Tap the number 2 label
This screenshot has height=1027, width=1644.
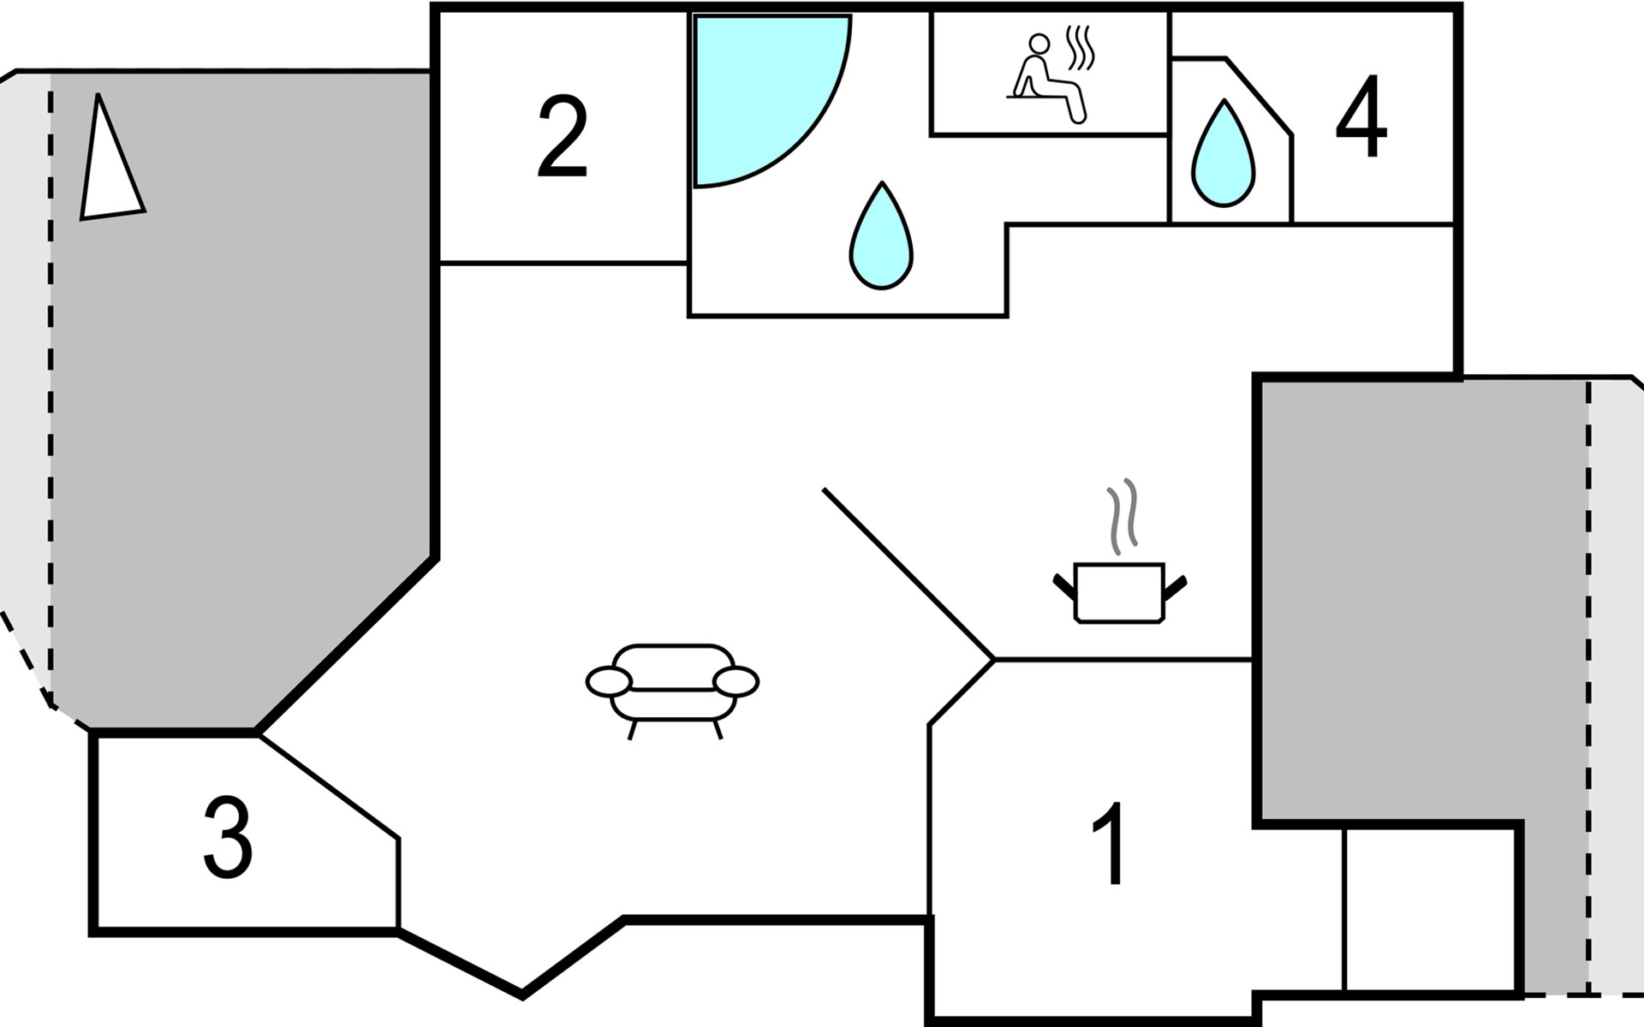click(x=563, y=137)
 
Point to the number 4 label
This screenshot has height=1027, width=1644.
click(x=1361, y=116)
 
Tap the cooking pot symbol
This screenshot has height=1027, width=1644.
click(x=1119, y=592)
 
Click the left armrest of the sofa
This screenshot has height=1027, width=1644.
click(x=609, y=681)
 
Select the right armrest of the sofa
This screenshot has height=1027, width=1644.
click(x=736, y=681)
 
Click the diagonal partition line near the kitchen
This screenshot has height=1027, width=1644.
click(x=908, y=573)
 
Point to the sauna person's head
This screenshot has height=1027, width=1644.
click(x=1039, y=43)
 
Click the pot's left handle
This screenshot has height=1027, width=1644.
click(x=1064, y=586)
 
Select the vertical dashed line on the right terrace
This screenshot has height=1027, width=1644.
click(x=1588, y=685)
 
